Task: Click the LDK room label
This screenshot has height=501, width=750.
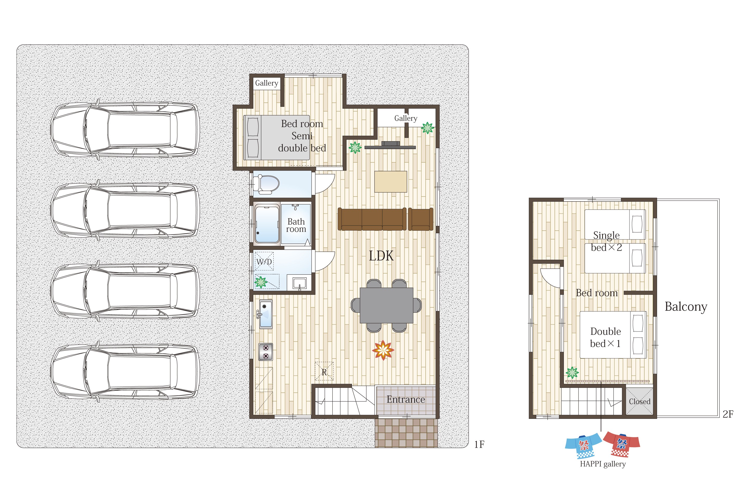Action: (381, 256)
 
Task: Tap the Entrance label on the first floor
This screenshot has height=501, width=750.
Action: (406, 399)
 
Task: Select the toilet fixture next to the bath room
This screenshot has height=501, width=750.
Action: (266, 184)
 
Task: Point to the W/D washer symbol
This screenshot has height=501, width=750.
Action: (264, 261)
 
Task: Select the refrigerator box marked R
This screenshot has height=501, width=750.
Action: (324, 371)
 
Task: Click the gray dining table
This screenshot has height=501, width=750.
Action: (386, 305)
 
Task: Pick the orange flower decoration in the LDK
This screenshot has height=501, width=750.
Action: (383, 350)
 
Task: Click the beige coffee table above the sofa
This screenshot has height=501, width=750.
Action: (390, 181)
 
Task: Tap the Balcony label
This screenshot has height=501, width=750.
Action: (686, 307)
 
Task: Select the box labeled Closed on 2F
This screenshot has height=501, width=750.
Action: (639, 401)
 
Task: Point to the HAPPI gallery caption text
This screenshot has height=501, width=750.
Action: (603, 464)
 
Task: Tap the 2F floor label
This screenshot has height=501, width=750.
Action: (728, 414)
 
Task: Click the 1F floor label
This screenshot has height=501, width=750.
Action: (479, 444)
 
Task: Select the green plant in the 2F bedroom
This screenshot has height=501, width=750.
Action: (572, 372)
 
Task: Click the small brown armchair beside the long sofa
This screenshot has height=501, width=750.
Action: (421, 219)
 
